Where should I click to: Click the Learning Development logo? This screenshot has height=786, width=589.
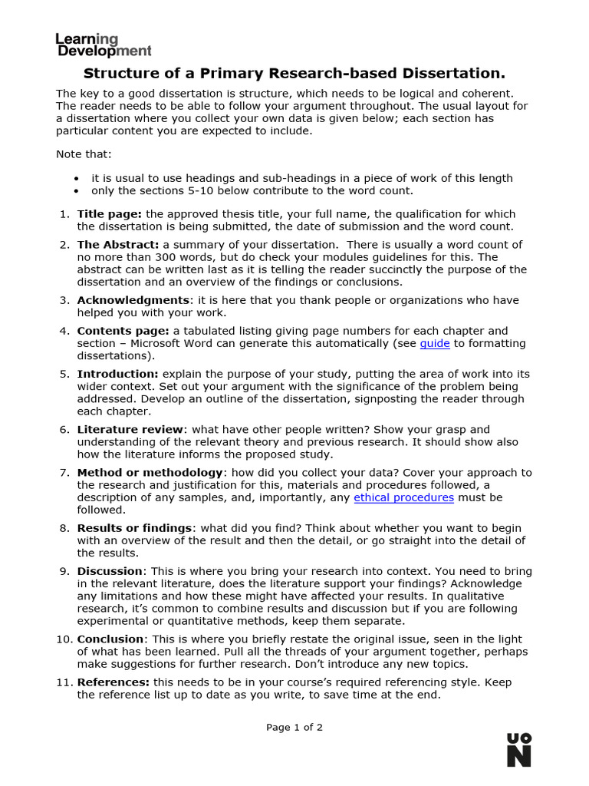[x=104, y=45]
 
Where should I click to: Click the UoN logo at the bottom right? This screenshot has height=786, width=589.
[x=518, y=749]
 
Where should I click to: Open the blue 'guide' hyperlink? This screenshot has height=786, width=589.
[x=435, y=344]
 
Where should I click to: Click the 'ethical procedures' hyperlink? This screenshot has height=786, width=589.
[x=403, y=497]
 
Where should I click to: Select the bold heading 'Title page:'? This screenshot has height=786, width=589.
[x=109, y=214]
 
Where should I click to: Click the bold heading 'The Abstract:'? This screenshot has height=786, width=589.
[x=118, y=245]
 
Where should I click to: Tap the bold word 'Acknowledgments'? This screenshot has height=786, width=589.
[x=133, y=300]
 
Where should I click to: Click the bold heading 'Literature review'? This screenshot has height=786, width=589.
[x=130, y=430]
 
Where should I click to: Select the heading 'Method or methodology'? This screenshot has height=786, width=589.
[x=150, y=473]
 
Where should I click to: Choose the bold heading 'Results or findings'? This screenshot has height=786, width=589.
[x=134, y=528]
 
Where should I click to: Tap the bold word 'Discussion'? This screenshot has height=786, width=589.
[x=110, y=571]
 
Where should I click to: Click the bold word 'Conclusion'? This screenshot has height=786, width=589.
[x=110, y=639]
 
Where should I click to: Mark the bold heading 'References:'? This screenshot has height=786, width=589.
[x=114, y=682]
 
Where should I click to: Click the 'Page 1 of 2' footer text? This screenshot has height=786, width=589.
[x=294, y=728]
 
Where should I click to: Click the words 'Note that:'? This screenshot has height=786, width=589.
[x=84, y=154]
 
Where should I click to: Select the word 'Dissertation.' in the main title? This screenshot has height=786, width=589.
[x=459, y=74]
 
